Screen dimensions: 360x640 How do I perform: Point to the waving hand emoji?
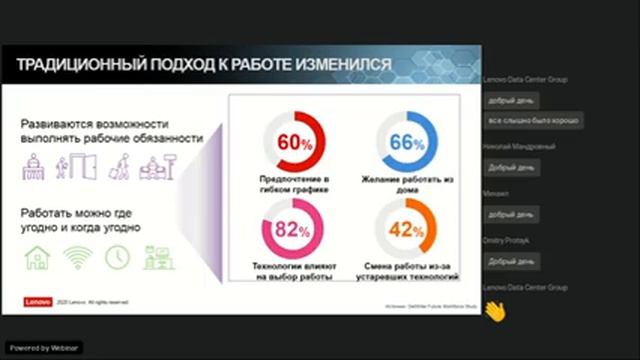pyautogui.click(x=493, y=311)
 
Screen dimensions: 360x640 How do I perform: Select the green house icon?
pyautogui.click(x=38, y=257)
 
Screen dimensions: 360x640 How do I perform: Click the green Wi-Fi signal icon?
pyautogui.click(x=78, y=257)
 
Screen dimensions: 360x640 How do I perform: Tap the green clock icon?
pyautogui.click(x=117, y=257)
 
